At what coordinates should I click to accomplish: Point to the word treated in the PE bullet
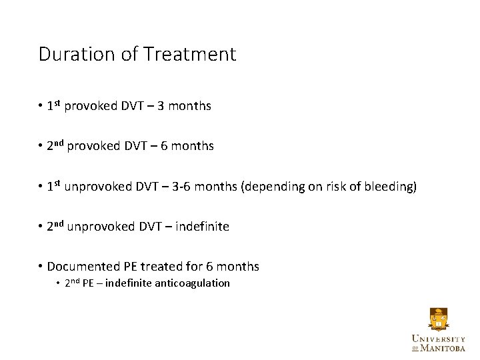[164, 267]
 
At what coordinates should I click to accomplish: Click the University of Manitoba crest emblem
[438, 319]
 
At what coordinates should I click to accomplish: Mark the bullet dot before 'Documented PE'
[41, 267]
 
